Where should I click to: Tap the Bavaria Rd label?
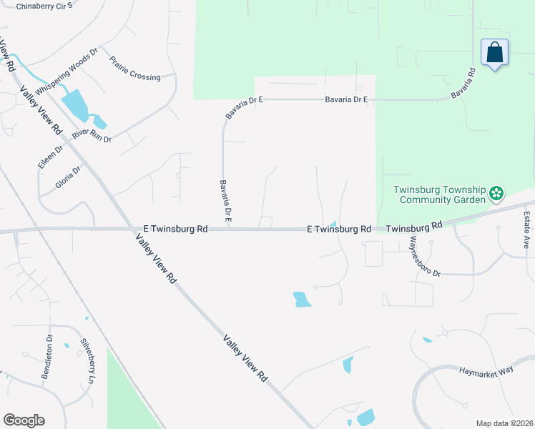463,84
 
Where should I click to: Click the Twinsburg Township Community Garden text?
440,194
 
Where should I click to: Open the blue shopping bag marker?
494,52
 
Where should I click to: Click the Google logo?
24,420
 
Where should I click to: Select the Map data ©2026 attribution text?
504,423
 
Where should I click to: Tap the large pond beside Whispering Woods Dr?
75,104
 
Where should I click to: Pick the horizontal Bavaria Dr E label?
346,100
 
